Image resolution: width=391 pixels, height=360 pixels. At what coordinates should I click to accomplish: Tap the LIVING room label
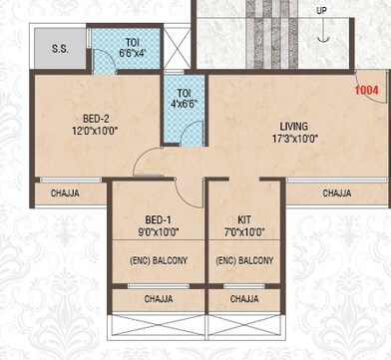pos(293,126)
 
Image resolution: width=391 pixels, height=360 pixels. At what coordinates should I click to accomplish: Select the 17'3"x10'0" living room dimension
pos(293,139)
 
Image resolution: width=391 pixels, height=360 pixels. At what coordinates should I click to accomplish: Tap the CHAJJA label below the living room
pos(337,193)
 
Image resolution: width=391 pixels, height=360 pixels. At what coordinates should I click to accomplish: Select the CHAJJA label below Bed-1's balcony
pos(158,298)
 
